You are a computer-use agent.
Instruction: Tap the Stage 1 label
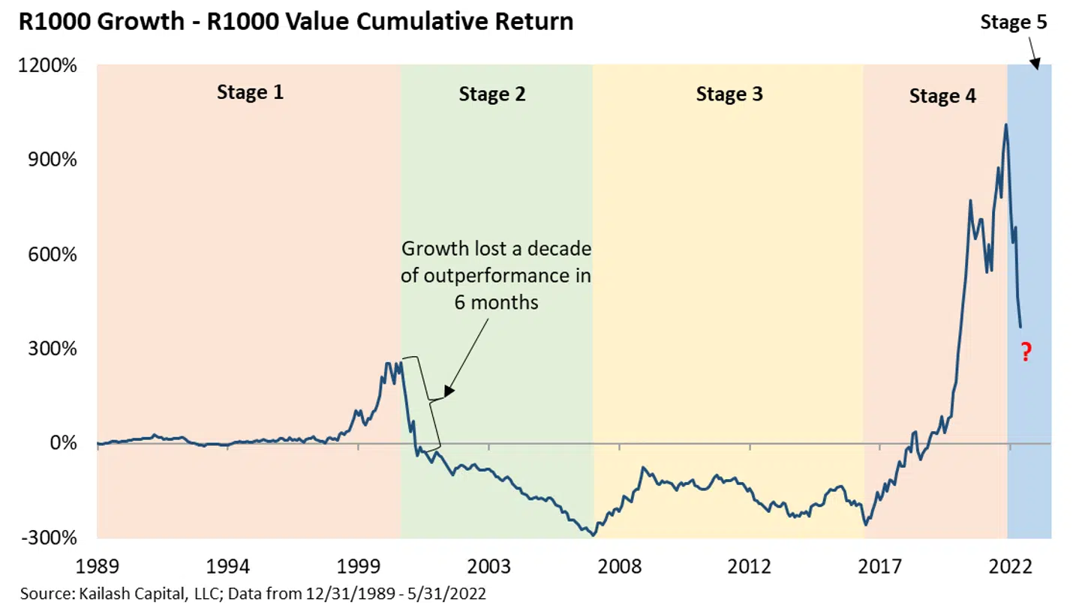point(250,92)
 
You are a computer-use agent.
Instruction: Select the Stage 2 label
point(491,94)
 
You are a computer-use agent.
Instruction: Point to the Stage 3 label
point(729,94)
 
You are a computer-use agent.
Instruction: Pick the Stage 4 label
point(942,96)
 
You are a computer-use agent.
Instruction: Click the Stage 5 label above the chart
point(1013,22)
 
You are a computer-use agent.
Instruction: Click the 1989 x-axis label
point(98,565)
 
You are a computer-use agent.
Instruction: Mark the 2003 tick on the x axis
point(488,565)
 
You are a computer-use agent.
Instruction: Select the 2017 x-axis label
point(879,565)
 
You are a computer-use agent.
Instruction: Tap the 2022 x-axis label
point(1009,565)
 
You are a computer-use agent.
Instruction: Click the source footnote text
point(253,595)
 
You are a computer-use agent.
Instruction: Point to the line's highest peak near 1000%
point(1005,125)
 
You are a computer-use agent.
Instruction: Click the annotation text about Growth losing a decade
point(496,276)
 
